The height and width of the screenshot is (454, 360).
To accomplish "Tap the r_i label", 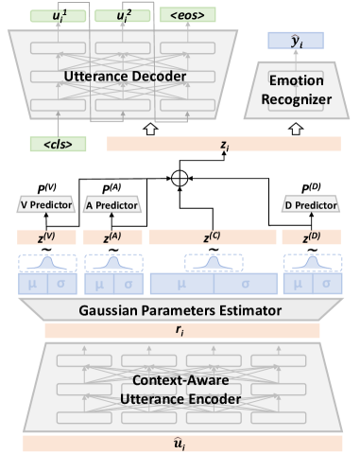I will click(x=179, y=328).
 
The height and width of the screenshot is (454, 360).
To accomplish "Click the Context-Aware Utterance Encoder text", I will click(x=179, y=389).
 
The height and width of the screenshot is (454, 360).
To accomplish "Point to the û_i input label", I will click(x=179, y=444).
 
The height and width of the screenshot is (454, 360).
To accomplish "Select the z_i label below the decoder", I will click(x=225, y=145).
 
